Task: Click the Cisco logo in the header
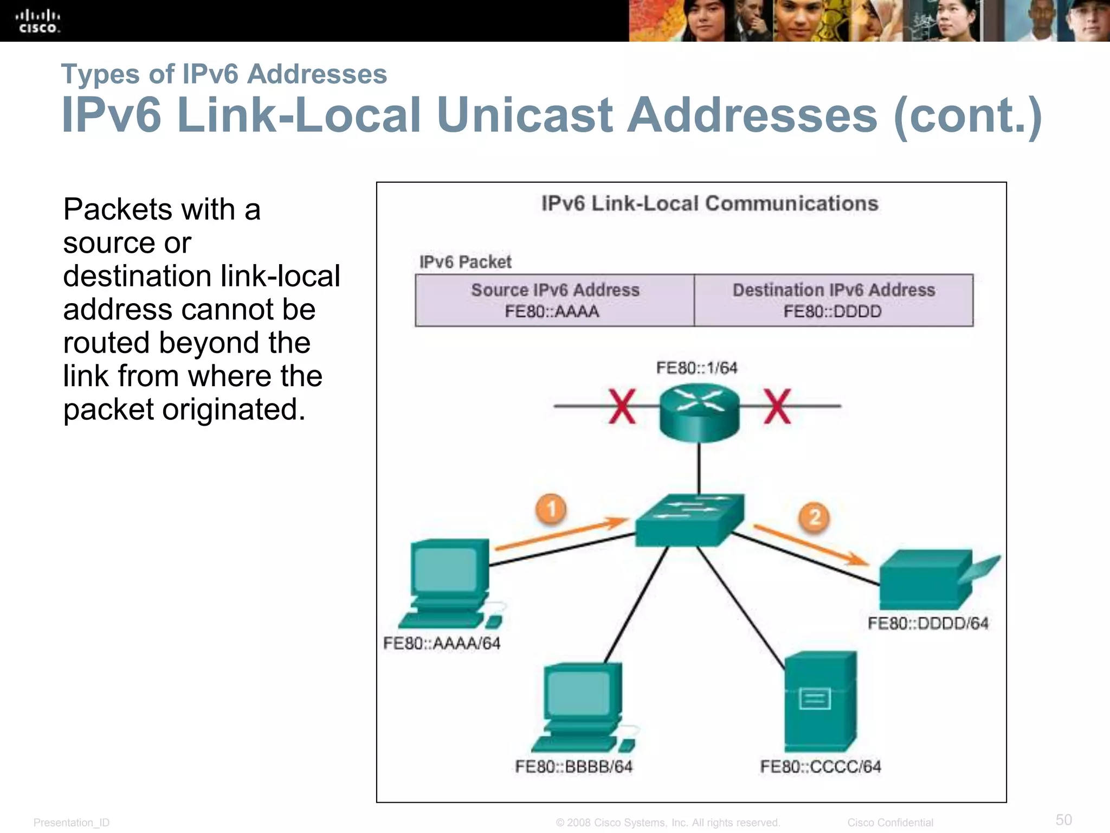click(x=38, y=21)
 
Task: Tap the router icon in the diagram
click(x=699, y=412)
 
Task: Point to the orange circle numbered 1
click(x=551, y=509)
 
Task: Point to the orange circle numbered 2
click(x=815, y=517)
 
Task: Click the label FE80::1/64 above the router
click(x=697, y=368)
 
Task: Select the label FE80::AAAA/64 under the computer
click(x=442, y=644)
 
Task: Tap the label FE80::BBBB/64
click(x=574, y=767)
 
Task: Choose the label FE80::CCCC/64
click(x=821, y=767)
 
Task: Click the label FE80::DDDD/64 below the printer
click(x=928, y=624)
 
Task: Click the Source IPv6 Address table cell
click(x=555, y=300)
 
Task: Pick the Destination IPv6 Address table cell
click(x=834, y=300)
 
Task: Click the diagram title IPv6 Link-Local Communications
click(x=709, y=204)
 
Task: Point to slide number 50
click(x=1063, y=819)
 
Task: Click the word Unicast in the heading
click(x=524, y=115)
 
